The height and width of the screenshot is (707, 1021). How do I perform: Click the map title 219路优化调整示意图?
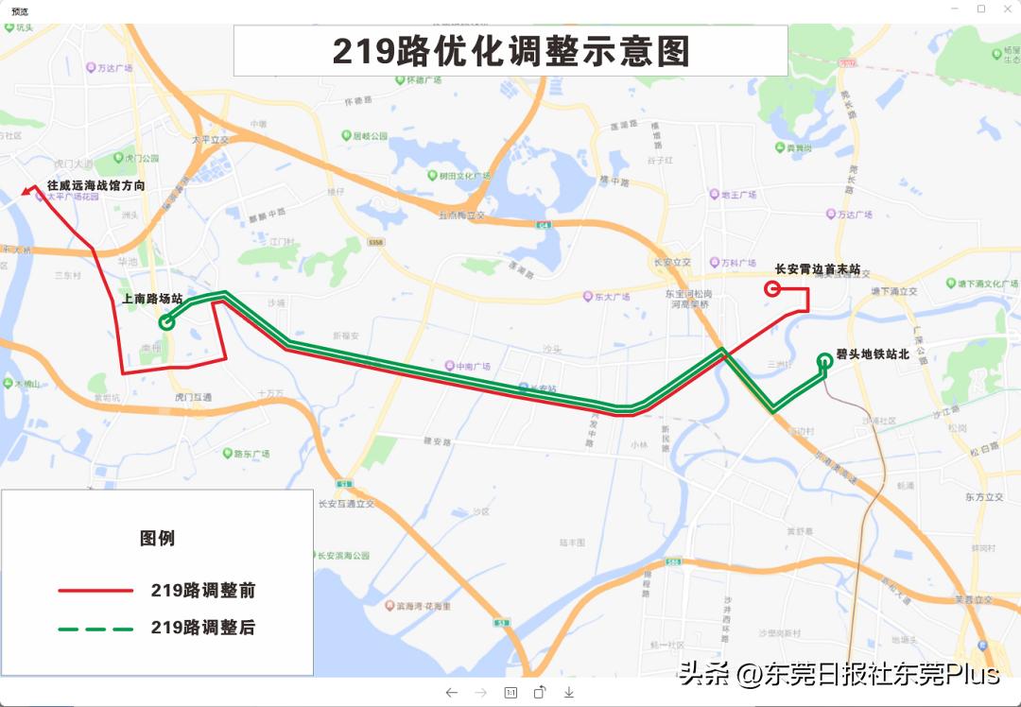click(510, 51)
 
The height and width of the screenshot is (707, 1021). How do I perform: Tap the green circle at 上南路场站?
click(167, 322)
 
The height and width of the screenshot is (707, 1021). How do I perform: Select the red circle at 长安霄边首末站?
click(771, 288)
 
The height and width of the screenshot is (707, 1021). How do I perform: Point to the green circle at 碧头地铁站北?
click(824, 359)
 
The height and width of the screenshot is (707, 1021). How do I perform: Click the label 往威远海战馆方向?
click(96, 186)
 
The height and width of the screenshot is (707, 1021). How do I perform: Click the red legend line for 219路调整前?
click(95, 591)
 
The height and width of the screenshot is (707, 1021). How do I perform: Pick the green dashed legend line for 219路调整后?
click(95, 628)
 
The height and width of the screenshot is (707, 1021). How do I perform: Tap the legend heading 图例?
click(157, 538)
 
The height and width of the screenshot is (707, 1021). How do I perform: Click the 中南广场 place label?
click(473, 366)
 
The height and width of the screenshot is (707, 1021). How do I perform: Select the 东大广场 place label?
click(612, 297)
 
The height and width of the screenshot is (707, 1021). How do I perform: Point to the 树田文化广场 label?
click(464, 176)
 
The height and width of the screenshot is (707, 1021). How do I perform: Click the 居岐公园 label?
click(370, 136)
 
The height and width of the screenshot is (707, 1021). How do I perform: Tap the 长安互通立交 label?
click(346, 504)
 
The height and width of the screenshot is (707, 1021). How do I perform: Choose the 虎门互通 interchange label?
click(193, 398)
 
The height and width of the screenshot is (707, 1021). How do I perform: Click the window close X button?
click(1006, 9)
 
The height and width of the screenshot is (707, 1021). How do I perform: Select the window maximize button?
click(981, 9)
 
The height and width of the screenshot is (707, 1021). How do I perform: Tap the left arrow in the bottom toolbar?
click(452, 693)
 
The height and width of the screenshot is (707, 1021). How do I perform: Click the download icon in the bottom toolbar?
click(569, 693)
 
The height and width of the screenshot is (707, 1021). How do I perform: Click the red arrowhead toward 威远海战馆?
click(26, 193)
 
